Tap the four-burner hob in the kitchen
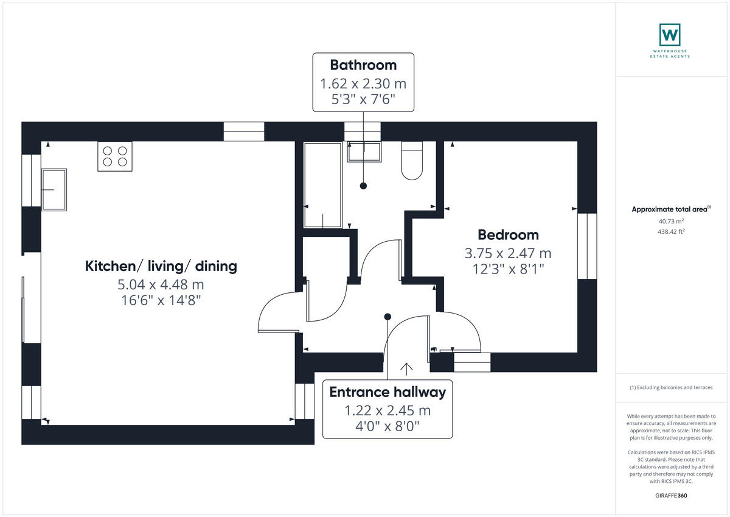point(115,156)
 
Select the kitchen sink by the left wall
point(54,189)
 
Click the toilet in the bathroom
point(412,161)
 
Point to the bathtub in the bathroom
point(323,185)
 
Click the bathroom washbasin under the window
point(364,152)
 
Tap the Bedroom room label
point(508,235)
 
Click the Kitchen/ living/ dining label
point(161,266)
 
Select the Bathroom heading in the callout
point(363,65)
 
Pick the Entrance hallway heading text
point(388,392)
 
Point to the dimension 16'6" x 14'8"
point(161,300)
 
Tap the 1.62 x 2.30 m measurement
point(363,83)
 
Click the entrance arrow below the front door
point(406,368)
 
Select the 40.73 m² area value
point(671,222)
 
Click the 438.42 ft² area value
point(671,231)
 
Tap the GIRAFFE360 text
point(671,496)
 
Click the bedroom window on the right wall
point(587,246)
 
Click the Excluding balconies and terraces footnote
point(671,387)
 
